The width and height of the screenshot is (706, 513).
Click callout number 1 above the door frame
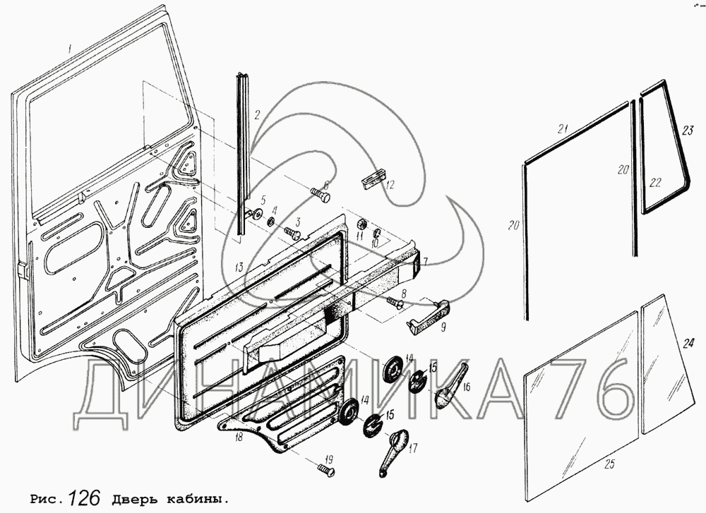tap(68, 48)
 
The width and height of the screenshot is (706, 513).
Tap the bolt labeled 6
tap(320, 195)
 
